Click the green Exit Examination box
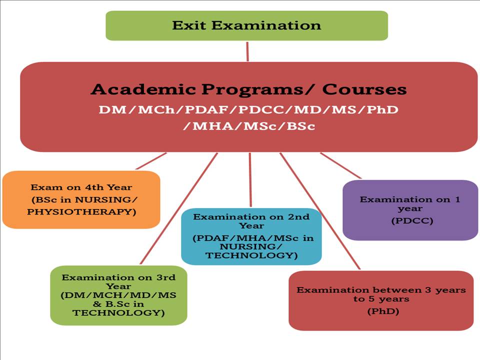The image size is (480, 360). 246,25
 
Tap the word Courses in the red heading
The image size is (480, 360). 364,89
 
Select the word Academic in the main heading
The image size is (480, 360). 143,89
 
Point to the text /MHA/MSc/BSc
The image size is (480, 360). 249,126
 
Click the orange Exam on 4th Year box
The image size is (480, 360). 81,199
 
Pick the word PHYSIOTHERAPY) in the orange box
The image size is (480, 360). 81,212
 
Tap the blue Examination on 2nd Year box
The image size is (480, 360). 251,236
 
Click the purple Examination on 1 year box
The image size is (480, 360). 410,210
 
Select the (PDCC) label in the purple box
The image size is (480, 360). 412,220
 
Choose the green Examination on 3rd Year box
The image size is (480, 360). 119,295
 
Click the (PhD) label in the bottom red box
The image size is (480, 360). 383,311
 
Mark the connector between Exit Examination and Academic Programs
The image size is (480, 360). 247,51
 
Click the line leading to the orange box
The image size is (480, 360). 151,161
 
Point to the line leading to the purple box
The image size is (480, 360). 340,165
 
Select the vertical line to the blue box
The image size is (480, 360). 250,180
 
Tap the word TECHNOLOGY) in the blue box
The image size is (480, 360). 251,255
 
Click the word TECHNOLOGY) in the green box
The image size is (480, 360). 119,313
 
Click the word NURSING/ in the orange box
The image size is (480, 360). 106,199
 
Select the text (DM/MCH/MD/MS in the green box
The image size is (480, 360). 118,295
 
